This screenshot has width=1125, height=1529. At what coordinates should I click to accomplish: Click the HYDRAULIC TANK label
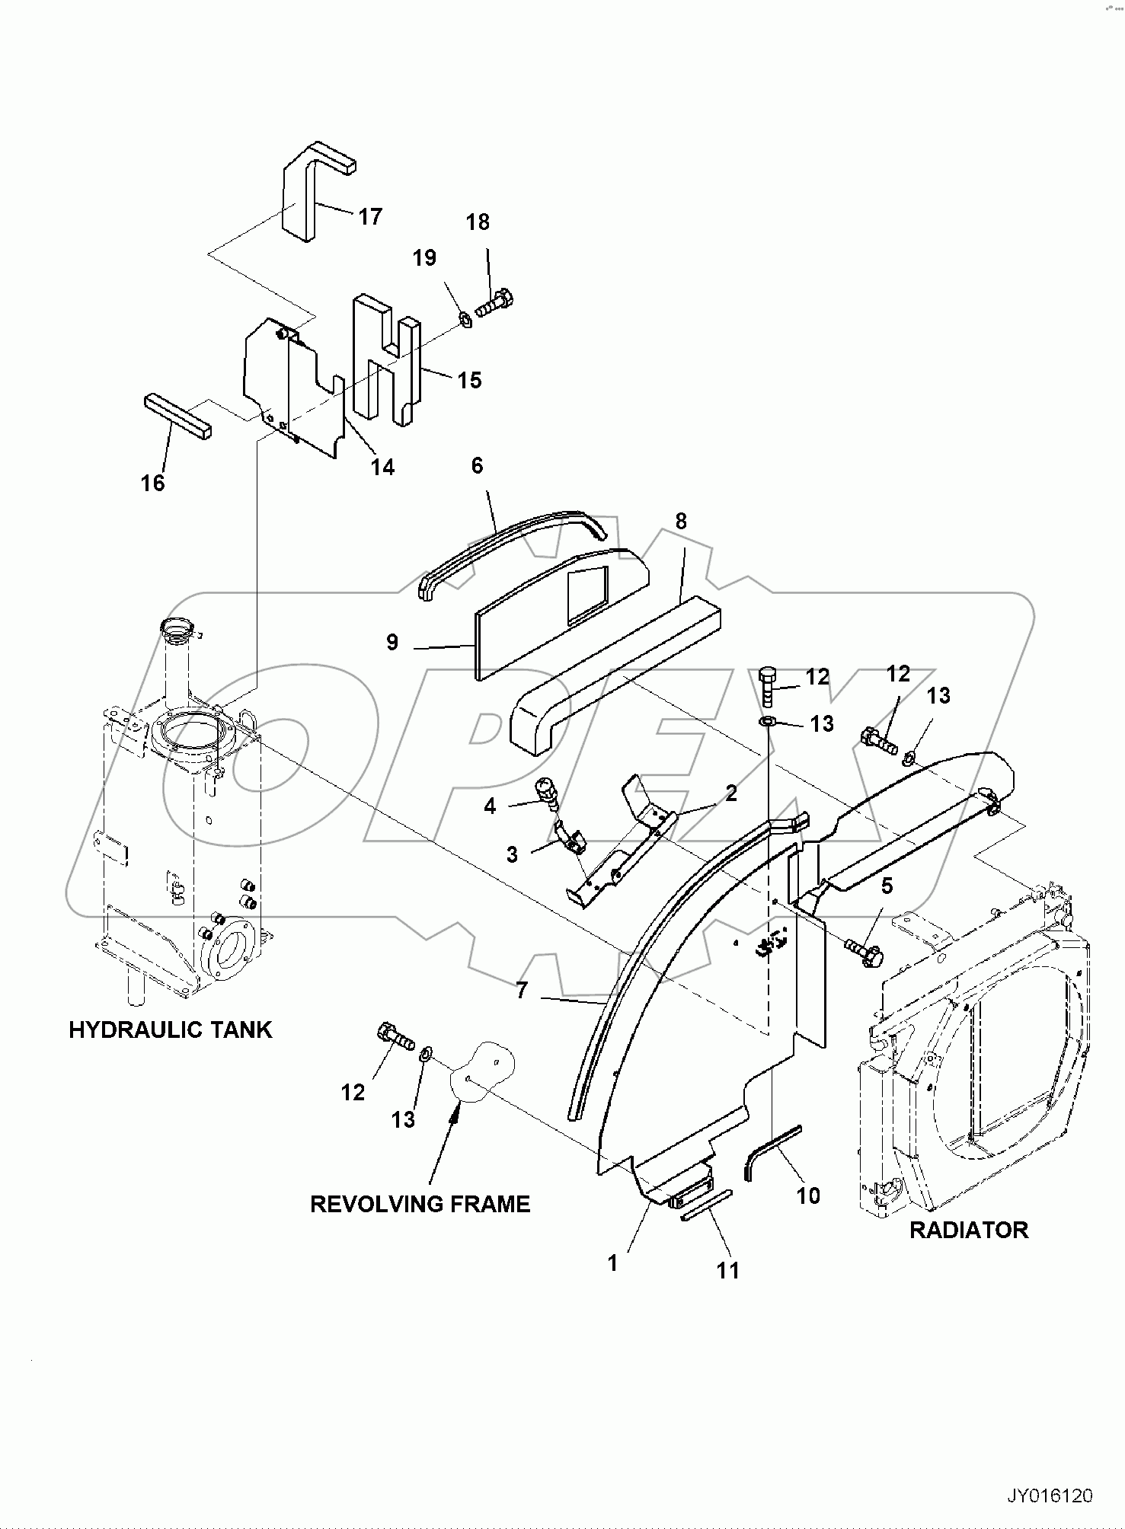point(170,1030)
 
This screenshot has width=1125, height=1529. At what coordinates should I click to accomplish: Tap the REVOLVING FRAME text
point(420,1204)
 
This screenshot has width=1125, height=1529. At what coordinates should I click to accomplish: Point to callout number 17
point(370,217)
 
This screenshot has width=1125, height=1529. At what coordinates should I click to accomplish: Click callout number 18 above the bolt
point(478,222)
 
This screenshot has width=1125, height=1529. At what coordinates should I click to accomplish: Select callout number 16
point(153,483)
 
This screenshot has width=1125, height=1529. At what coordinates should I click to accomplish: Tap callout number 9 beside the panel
point(392,643)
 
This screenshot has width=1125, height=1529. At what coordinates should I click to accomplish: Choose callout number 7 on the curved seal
point(522,990)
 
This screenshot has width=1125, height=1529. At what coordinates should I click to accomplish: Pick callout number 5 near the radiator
point(887,886)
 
